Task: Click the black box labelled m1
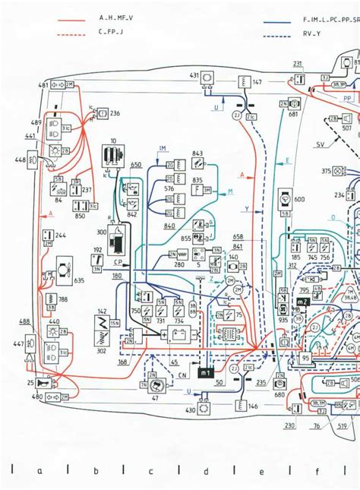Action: [206, 373]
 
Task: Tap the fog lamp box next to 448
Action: [33, 160]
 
